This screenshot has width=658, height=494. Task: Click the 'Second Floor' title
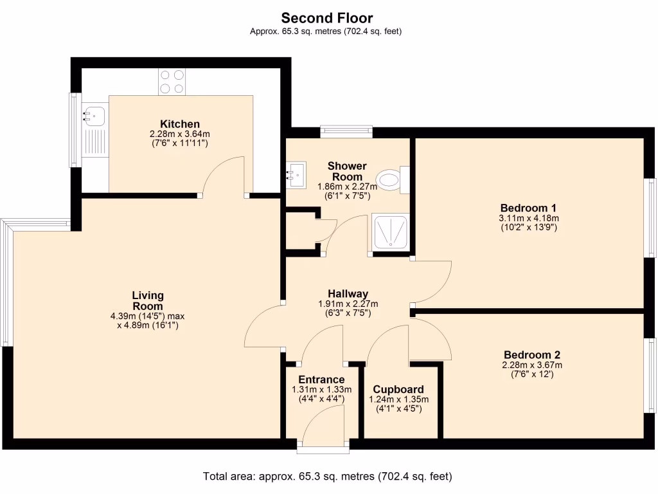pyautogui.click(x=326, y=18)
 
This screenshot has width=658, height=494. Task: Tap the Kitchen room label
pyautogui.click(x=180, y=124)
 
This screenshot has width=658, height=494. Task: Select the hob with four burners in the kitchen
pyautogui.click(x=172, y=82)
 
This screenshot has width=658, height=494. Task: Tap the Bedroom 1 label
pyautogui.click(x=528, y=208)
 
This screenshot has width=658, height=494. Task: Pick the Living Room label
pyautogui.click(x=148, y=300)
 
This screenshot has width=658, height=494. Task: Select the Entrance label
pyautogui.click(x=321, y=380)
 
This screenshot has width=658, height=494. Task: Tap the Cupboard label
pyautogui.click(x=398, y=389)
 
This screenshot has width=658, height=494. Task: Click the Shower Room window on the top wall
pyautogui.click(x=346, y=132)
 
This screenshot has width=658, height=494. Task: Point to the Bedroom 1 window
pyautogui.click(x=650, y=217)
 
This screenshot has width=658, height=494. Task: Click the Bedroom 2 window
pyautogui.click(x=650, y=374)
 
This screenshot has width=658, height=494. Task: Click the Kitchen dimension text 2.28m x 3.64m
pyautogui.click(x=180, y=134)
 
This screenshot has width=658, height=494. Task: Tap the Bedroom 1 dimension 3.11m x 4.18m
pyautogui.click(x=528, y=218)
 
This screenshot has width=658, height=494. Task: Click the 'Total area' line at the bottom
pyautogui.click(x=328, y=477)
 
